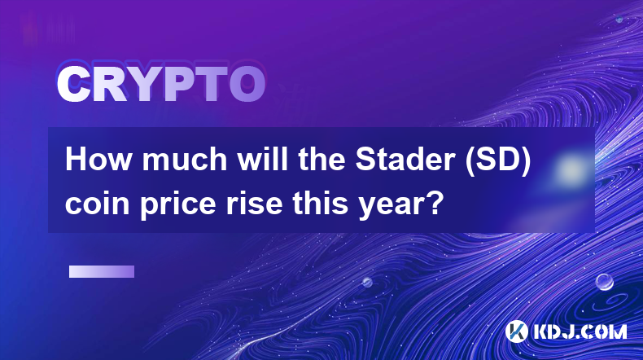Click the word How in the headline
98,160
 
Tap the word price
178,204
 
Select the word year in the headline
391,204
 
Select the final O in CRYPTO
247,84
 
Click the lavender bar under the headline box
102,271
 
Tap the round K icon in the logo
516,331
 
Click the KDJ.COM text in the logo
580,331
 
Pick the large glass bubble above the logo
604,282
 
